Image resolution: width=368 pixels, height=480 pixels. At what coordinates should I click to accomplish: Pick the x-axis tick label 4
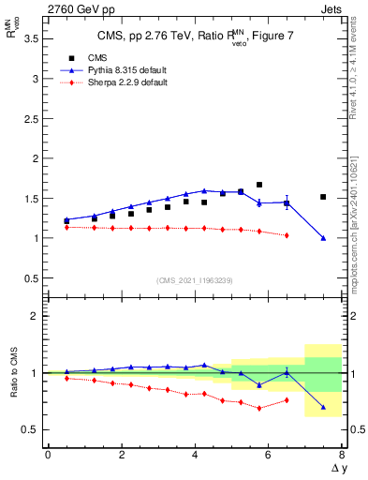[x=195, y=457]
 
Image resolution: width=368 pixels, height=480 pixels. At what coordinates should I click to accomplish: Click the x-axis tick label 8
[x=341, y=457]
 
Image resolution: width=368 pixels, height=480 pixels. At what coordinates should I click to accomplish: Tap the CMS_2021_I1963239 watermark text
[x=194, y=280]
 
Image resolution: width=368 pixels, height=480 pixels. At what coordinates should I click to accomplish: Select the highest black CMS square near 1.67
[x=259, y=185]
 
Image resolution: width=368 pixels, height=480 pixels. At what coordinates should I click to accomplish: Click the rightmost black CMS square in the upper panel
[x=323, y=197]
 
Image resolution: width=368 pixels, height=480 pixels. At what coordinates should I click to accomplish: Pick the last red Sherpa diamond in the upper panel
[x=287, y=235]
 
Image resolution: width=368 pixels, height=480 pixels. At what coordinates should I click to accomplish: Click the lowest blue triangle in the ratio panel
[x=323, y=407]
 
